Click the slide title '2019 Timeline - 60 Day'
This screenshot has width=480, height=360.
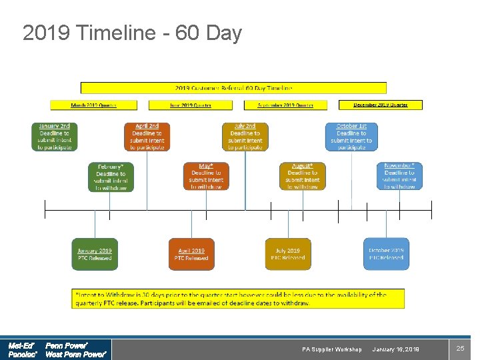[x=132, y=33]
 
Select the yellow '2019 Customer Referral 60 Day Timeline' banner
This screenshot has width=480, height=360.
[x=233, y=87]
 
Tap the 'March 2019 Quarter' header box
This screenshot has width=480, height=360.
[x=93, y=105]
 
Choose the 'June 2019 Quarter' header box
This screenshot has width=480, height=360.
[x=191, y=105]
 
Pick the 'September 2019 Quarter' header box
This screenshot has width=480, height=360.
[x=286, y=105]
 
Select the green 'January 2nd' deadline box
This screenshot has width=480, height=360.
[x=55, y=137]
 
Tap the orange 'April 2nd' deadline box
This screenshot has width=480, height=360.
[x=147, y=137]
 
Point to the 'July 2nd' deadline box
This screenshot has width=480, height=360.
[x=245, y=137]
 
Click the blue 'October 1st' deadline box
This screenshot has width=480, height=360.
[x=351, y=137]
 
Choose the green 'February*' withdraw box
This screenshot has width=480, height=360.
[x=111, y=177]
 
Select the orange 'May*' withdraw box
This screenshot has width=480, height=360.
[x=206, y=177]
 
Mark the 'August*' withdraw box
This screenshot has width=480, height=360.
[x=303, y=177]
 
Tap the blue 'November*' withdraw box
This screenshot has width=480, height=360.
[x=399, y=177]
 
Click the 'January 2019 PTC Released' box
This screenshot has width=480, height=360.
[x=95, y=254]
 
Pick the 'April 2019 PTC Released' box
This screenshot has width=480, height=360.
[x=191, y=254]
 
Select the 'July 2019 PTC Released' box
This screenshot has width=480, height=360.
[x=288, y=254]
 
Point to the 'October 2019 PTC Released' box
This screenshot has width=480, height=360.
[x=386, y=254]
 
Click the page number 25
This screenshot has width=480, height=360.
[x=460, y=349]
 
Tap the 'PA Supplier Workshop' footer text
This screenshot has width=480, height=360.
[x=331, y=349]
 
